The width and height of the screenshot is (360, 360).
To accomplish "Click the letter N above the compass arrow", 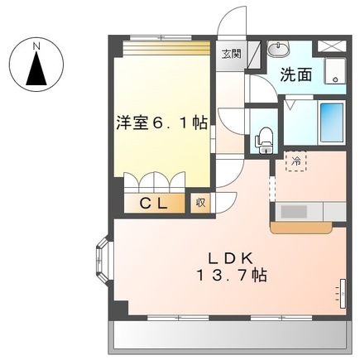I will (36, 47).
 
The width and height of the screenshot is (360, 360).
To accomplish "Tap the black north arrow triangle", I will (36, 70).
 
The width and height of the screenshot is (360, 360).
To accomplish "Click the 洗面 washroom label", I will (295, 74).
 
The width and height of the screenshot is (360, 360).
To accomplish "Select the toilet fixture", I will (264, 139).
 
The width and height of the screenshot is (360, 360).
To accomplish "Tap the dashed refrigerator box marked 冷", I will (295, 161).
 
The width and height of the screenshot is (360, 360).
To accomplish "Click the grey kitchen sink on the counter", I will (294, 211).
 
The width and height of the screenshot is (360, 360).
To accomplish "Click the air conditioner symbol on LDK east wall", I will (341, 291).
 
